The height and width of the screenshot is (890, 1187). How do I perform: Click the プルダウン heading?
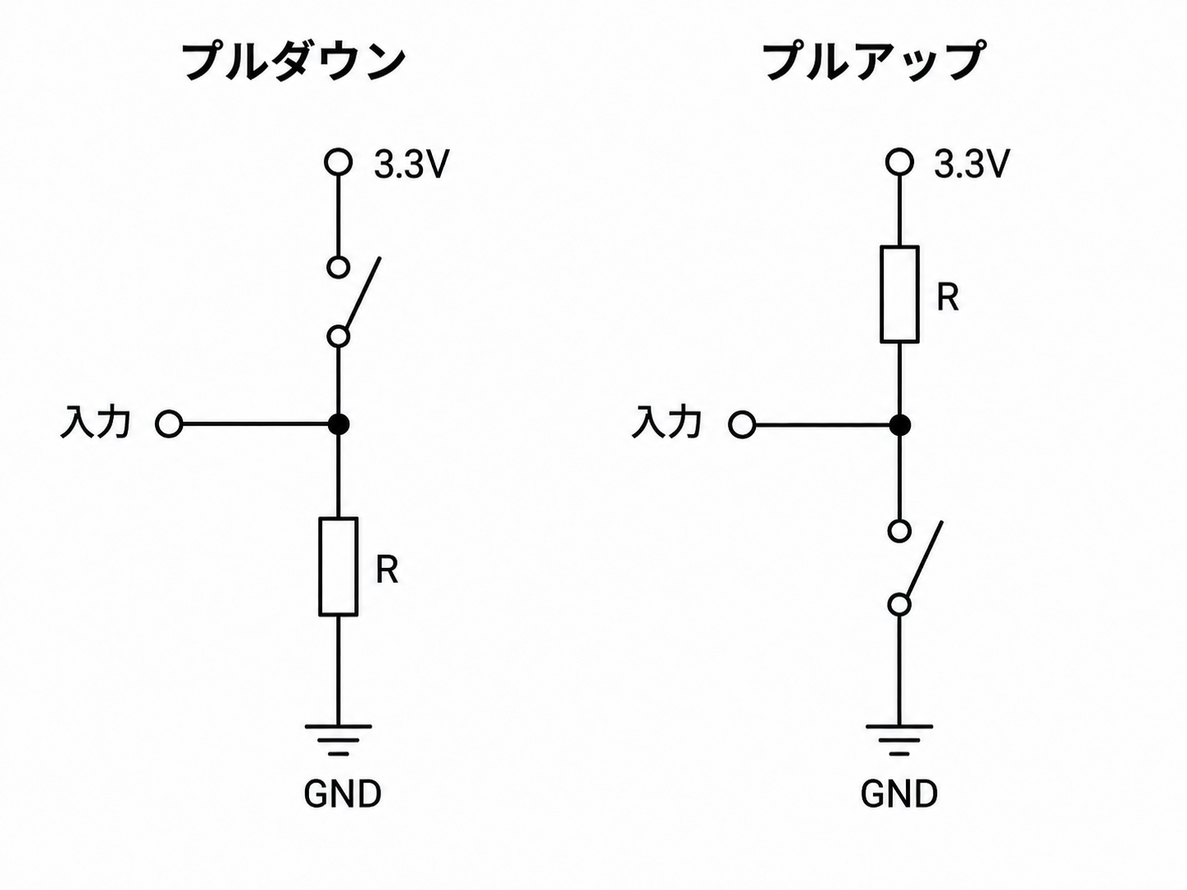point(293,62)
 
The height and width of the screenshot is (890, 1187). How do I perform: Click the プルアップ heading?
point(873,61)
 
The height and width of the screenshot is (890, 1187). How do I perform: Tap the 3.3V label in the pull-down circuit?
point(412,164)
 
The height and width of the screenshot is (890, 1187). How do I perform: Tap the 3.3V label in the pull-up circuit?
point(971,164)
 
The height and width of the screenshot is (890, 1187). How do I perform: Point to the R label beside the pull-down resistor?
point(387,570)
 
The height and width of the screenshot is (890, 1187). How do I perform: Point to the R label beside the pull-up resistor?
point(948,297)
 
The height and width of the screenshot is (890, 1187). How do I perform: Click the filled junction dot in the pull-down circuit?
point(339,425)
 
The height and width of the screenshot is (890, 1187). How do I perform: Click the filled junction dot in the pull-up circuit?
point(899,425)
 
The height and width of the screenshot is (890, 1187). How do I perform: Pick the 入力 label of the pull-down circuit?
point(96,422)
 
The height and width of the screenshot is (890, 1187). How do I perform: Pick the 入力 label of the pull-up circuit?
point(666,422)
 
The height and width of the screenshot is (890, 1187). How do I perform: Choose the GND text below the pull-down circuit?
point(343,794)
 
